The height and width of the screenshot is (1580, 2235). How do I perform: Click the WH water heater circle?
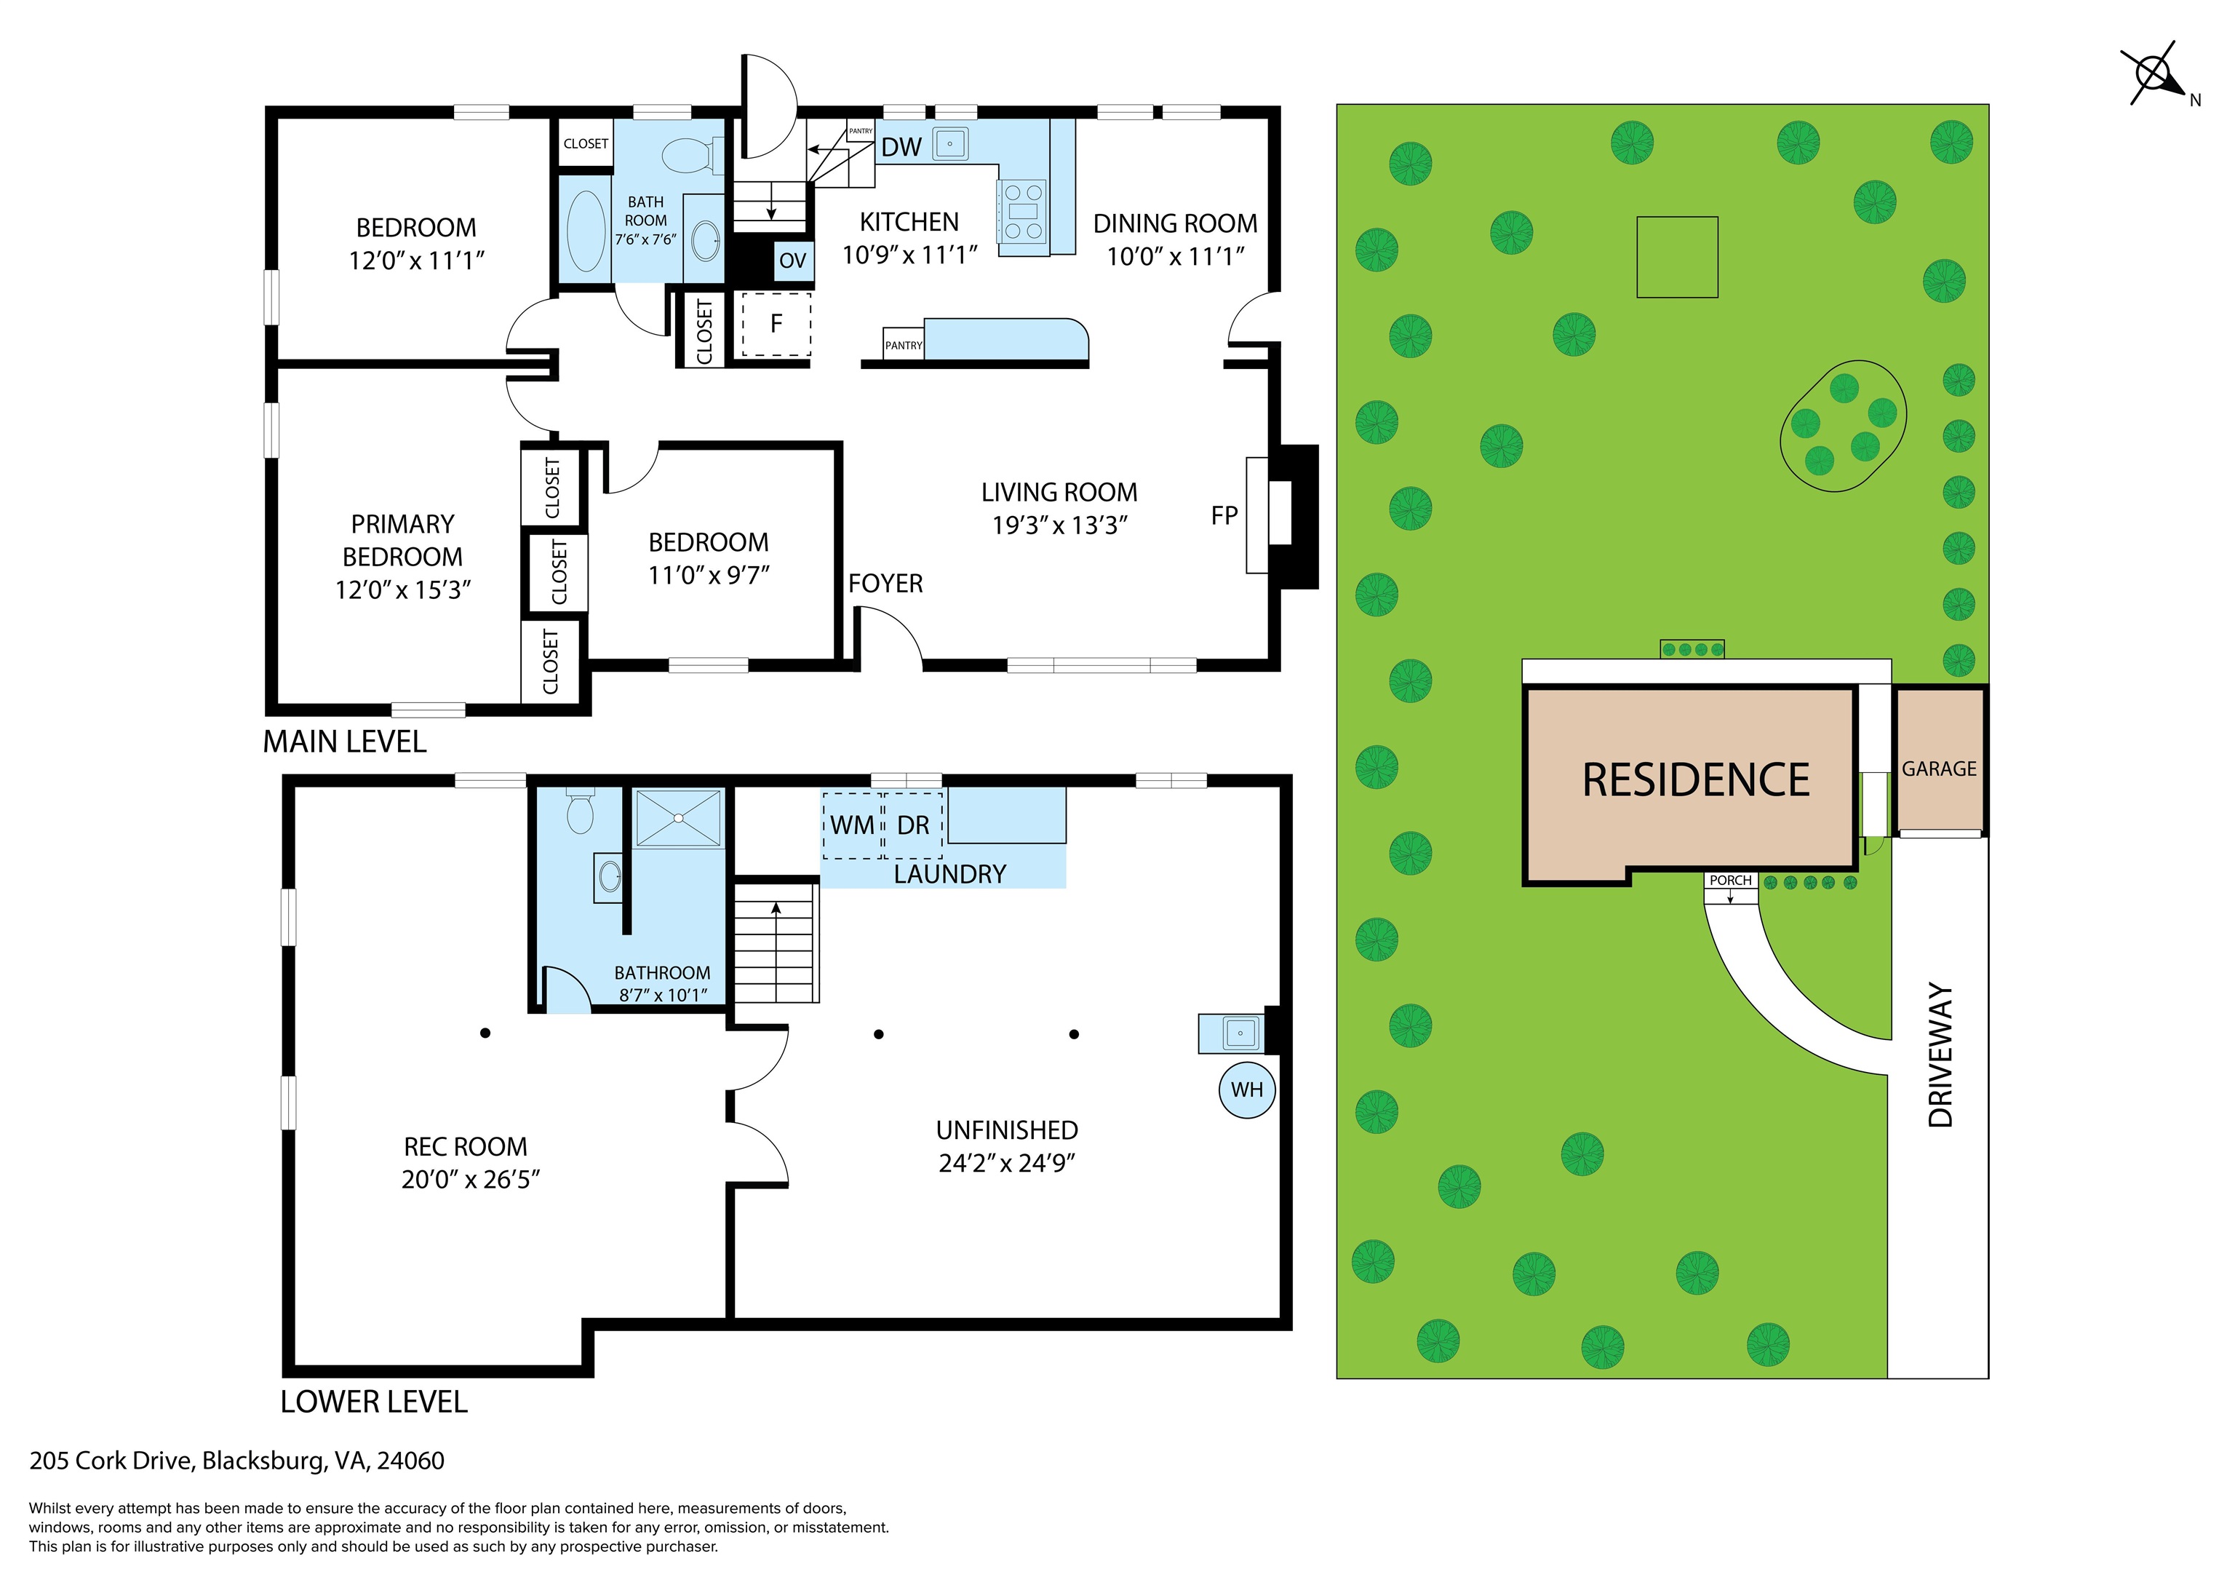(1247, 1090)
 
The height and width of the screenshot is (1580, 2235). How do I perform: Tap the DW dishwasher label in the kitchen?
(901, 147)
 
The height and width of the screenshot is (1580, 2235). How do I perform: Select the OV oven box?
(793, 260)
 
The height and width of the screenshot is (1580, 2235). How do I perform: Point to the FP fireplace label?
(1224, 516)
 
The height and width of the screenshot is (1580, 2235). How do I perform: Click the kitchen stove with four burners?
(1023, 210)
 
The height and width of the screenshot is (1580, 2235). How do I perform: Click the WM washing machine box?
(853, 825)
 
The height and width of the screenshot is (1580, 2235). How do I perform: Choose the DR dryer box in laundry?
(913, 825)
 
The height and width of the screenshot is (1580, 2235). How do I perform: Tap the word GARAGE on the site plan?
(1939, 769)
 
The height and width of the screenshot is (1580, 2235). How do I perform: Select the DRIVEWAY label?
(1941, 1055)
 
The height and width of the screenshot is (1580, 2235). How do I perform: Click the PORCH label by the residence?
(1731, 880)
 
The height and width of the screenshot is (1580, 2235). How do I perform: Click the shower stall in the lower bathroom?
(680, 818)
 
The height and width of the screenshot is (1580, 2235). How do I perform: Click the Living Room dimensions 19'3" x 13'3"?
(1059, 525)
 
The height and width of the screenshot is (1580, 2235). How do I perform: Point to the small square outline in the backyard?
(1677, 257)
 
